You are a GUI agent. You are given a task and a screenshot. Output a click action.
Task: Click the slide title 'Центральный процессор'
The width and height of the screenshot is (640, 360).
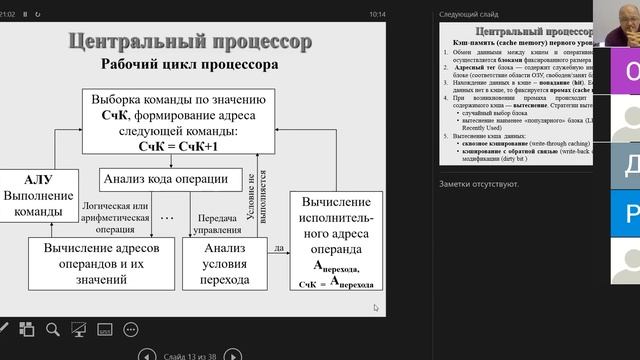[189, 41]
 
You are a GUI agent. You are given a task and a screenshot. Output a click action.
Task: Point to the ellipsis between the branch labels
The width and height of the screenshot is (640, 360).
[168, 217]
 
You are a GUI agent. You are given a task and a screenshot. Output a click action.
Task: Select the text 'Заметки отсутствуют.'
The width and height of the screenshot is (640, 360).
[479, 184]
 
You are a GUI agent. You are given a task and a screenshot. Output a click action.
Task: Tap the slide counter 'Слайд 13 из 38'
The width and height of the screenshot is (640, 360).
[189, 353]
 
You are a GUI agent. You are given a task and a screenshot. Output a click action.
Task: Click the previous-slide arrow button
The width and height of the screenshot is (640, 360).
[147, 353]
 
